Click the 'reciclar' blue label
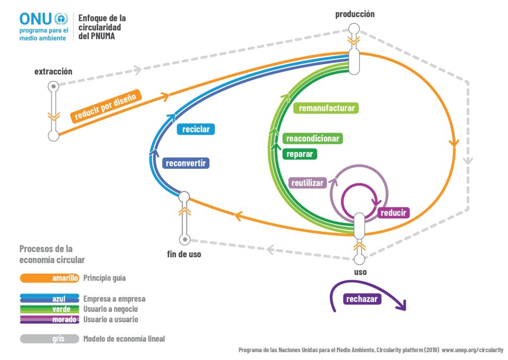196,129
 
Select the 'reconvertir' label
186,163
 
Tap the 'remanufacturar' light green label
325,108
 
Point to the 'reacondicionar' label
313,139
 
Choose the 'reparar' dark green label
300,154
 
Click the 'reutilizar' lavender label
307,183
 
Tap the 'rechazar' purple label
362,299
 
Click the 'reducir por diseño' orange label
105,106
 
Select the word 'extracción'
53,72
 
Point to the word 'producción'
355,14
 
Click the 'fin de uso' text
184,254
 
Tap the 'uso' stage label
360,272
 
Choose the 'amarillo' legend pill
50,278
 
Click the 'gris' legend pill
50,339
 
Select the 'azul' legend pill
50,298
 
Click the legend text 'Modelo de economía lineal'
124,339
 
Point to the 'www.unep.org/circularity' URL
472,350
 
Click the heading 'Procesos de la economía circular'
52,254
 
